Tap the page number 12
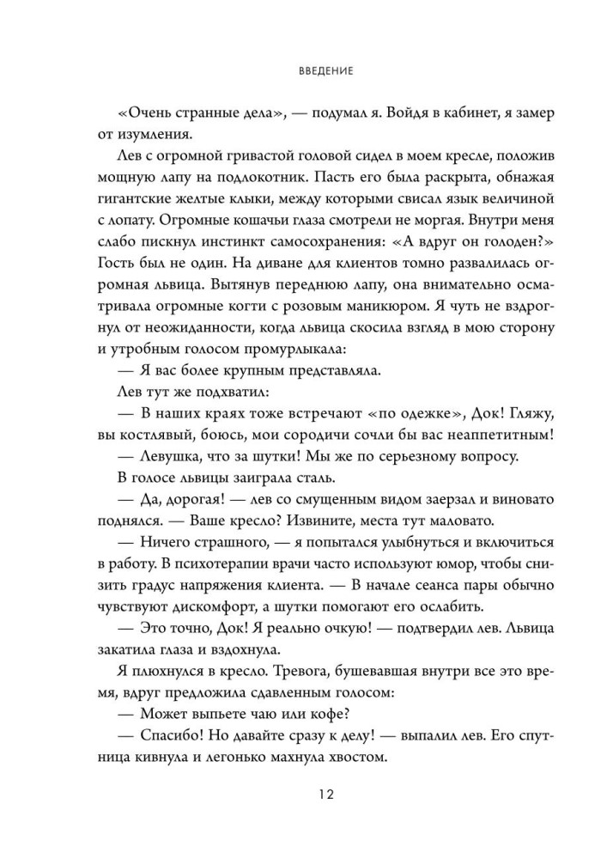tap(306, 796)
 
